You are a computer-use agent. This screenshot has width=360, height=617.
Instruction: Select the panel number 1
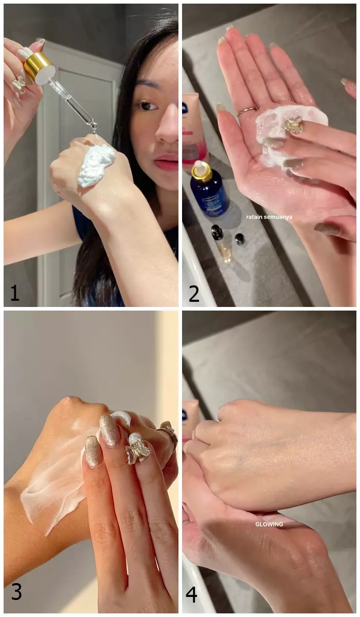14,293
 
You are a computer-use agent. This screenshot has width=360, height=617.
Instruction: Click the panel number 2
194,293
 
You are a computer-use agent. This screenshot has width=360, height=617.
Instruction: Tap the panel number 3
16,592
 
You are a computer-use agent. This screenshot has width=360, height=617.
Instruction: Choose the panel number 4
191,594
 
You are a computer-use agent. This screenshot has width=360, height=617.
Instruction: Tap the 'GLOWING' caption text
269,524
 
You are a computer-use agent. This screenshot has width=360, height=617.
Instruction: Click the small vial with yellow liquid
222,244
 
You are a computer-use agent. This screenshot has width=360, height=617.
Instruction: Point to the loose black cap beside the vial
240,239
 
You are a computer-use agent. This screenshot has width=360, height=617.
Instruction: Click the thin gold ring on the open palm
246,110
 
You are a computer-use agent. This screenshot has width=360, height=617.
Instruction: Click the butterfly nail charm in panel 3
138,448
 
